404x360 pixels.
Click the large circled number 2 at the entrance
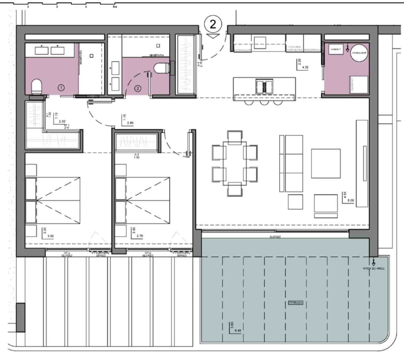point(213,24)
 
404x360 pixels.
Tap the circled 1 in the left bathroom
point(62,88)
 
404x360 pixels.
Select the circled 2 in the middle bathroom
point(138,89)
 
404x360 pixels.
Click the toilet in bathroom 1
point(36,87)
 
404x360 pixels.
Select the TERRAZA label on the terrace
point(296,303)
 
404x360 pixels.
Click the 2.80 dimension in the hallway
point(130,123)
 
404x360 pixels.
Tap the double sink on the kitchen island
point(264,86)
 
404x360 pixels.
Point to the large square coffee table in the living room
point(326,163)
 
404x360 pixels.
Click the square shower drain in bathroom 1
point(92,56)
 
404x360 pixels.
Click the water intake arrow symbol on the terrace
point(373,262)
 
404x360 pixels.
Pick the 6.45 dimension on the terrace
point(238,331)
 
